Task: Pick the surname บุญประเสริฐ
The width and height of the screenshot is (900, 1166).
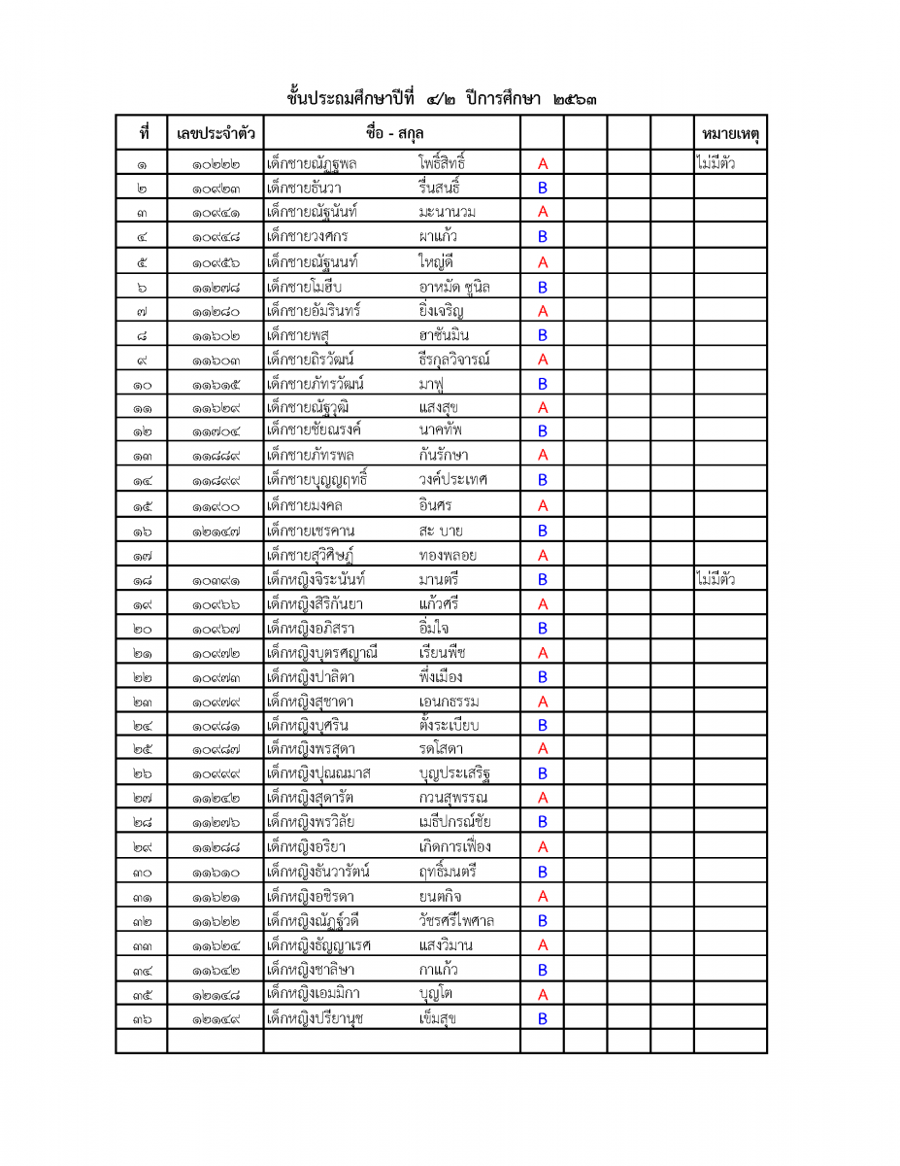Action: pos(454,773)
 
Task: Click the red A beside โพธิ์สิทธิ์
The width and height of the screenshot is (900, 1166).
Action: pos(543,163)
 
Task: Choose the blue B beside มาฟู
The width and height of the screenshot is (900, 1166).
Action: pos(543,384)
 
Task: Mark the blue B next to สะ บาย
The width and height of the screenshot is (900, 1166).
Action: pos(543,531)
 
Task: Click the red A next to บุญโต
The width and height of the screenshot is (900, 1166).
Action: pos(543,994)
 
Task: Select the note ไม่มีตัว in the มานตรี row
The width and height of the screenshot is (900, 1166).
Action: pos(716,580)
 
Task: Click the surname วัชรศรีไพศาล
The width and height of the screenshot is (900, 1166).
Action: pos(456,920)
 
